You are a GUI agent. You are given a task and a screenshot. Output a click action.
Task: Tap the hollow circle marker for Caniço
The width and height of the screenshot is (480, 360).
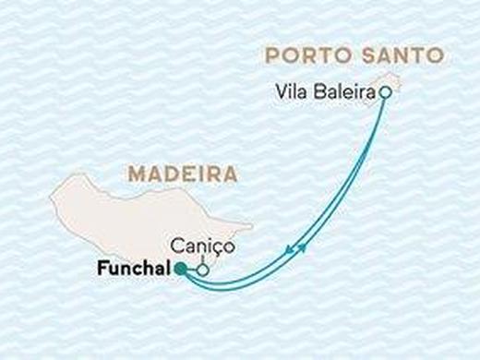coord(202,270)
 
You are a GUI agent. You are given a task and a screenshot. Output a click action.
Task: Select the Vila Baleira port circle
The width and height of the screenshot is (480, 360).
coord(386,92)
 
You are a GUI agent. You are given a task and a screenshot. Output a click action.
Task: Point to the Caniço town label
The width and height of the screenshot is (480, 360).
coord(199,247)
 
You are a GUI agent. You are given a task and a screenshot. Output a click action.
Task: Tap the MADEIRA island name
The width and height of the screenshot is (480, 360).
coord(183,174)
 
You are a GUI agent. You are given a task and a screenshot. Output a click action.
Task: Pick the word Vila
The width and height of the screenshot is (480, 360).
coord(291,92)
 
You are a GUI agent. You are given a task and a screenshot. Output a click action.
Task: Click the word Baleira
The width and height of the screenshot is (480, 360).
coord(344,92)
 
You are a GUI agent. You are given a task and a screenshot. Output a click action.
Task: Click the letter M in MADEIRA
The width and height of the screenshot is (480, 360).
coord(136,174)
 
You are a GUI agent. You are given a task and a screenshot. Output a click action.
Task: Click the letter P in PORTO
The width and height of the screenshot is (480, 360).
coord(272,54)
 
